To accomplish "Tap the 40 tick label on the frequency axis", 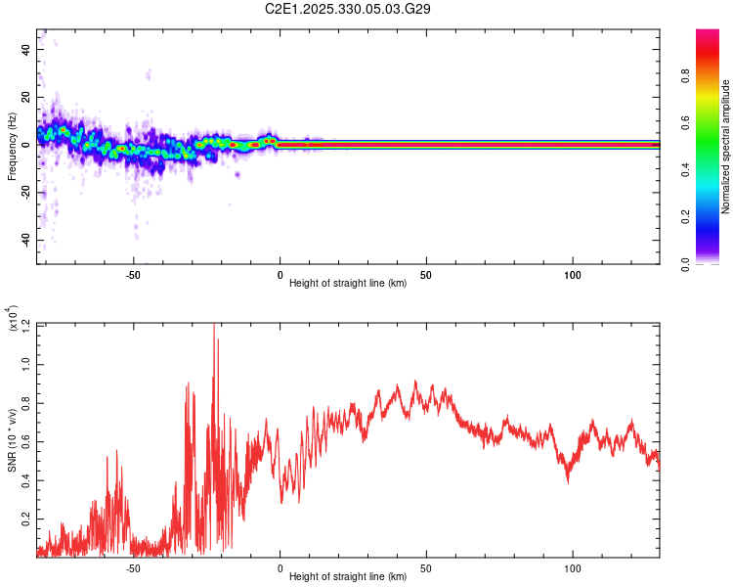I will pos(25,49).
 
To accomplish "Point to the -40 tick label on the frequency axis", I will pos(23,241).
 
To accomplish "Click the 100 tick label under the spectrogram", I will pos(573,275).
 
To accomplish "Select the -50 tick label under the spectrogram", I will pos(134,275).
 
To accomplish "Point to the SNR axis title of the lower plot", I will pos(12,440).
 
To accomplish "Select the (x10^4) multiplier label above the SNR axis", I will pos(12,319).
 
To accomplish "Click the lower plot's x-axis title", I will pos(348,577).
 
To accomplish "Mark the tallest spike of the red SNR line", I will pos(214,326).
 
